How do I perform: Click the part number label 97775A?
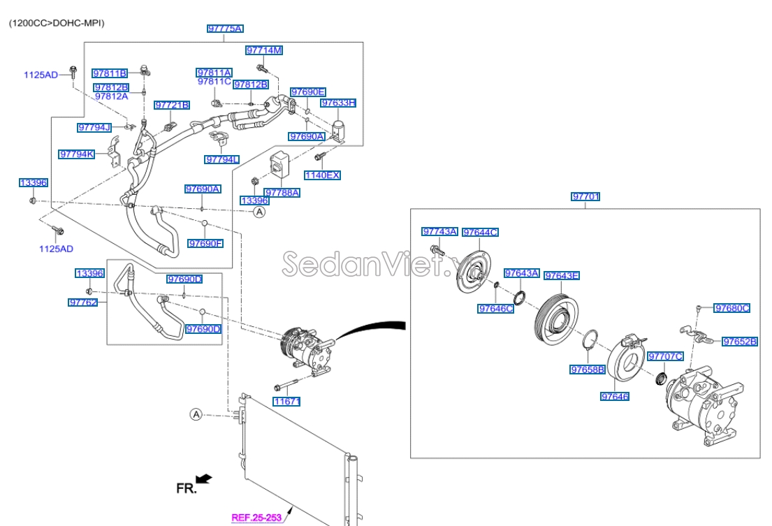coord(225,29)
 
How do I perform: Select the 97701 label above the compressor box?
coord(585,197)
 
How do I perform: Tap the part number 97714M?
coord(263,50)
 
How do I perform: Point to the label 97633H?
coord(338,103)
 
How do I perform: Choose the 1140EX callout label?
coord(322,175)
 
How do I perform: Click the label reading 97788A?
coord(282,192)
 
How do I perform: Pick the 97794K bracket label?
coord(77,154)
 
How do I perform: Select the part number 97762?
coord(82,302)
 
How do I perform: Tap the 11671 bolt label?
coord(286,402)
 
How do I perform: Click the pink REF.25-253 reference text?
coord(258,518)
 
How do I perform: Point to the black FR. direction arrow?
coord(203,478)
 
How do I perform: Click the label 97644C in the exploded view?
coord(480,232)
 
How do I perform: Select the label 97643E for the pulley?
coord(562,275)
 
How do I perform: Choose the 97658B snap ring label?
coord(587,370)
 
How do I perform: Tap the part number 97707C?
coord(665,356)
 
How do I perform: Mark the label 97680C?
coord(731,307)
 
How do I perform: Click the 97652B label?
coord(740,342)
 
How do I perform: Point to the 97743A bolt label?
coord(439,231)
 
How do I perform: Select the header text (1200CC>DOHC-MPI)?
coord(57,23)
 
